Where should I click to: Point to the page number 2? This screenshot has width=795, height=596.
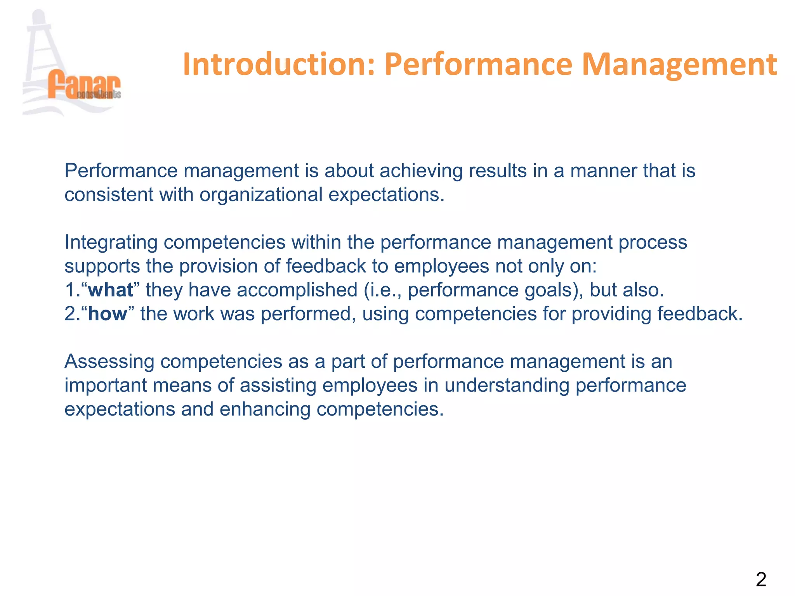tap(761, 580)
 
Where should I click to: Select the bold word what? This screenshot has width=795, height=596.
tap(111, 290)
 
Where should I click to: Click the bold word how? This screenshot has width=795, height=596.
tap(108, 314)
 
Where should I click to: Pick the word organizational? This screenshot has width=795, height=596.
tap(261, 195)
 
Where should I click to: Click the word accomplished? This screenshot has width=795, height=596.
tap(297, 290)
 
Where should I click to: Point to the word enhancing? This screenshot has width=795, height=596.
tap(265, 409)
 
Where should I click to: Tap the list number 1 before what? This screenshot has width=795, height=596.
tap(70, 290)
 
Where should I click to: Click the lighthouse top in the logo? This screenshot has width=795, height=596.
tap(39, 17)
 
